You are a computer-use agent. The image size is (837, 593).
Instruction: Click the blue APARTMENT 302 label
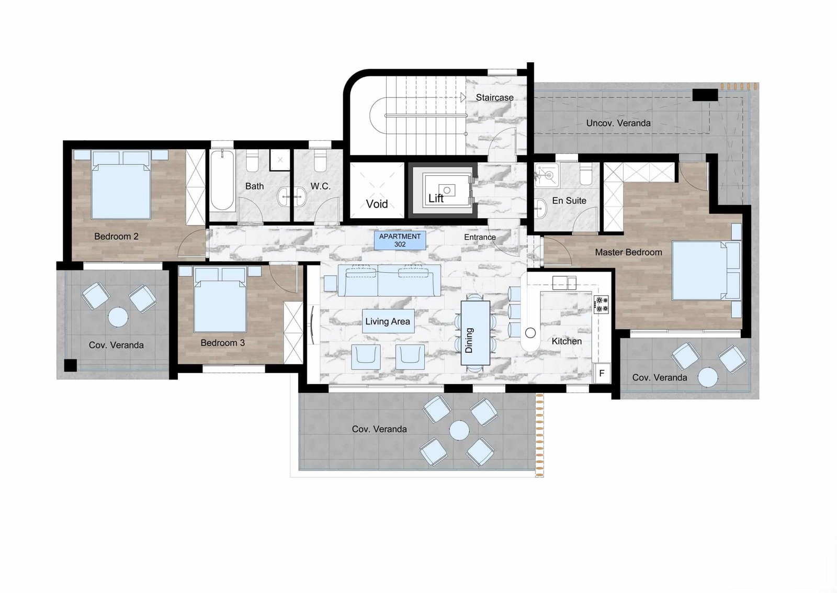pyautogui.click(x=400, y=240)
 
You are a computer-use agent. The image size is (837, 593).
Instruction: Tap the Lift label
pyautogui.click(x=436, y=198)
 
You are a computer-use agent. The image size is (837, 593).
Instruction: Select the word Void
pyautogui.click(x=377, y=204)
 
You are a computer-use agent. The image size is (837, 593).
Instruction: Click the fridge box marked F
pyautogui.click(x=602, y=373)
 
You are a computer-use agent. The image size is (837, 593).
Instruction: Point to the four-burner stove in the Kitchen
pyautogui.click(x=601, y=305)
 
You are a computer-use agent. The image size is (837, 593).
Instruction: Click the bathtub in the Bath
pyautogui.click(x=222, y=180)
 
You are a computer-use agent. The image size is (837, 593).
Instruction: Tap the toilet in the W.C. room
pyautogui.click(x=320, y=160)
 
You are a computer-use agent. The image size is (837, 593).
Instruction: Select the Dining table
pyautogui.click(x=476, y=333)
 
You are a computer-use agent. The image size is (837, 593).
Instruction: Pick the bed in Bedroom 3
pyautogui.click(x=220, y=300)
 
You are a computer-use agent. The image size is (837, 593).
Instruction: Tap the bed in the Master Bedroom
pyautogui.click(x=706, y=271)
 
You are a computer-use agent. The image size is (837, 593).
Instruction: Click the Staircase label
pyautogui.click(x=494, y=97)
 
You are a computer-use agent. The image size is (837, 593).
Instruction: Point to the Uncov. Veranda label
pyautogui.click(x=618, y=123)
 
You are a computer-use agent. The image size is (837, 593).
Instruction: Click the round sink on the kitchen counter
pyautogui.click(x=530, y=332)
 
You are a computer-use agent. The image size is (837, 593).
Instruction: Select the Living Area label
pyautogui.click(x=388, y=321)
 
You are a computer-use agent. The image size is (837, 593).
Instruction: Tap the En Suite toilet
pyautogui.click(x=586, y=174)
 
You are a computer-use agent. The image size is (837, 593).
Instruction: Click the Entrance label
pyautogui.click(x=480, y=237)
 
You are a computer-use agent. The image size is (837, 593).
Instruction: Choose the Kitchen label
pyautogui.click(x=567, y=341)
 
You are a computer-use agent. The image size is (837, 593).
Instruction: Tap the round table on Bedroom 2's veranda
pyautogui.click(x=118, y=317)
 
